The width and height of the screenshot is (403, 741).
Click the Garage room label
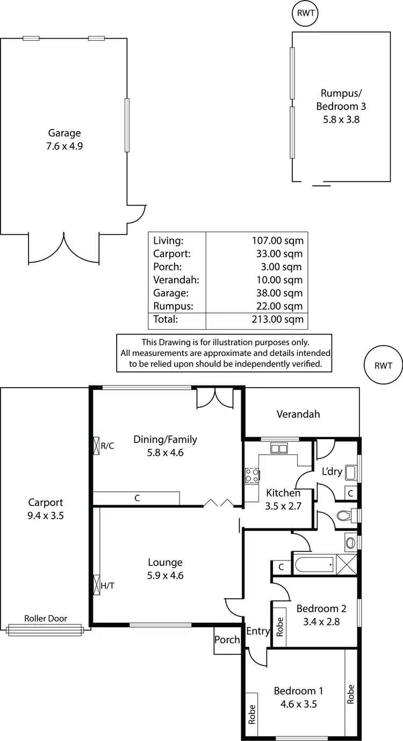pos(64,133)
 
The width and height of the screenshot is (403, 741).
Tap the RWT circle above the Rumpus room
pos(305,13)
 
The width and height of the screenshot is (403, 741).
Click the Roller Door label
pos(46,619)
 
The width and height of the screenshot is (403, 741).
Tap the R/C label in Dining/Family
pos(107,446)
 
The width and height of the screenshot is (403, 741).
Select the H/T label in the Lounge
pos(107,586)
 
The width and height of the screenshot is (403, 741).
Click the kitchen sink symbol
pos(279,448)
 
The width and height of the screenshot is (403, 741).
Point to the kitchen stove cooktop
pos(252,475)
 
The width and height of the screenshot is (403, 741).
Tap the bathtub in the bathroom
pos(313,565)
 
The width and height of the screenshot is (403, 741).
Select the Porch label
pos(227,640)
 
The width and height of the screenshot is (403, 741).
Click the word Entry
pos(257,631)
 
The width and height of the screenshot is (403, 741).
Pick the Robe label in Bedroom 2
pos(279,626)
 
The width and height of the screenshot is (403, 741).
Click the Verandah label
pos(298,414)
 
